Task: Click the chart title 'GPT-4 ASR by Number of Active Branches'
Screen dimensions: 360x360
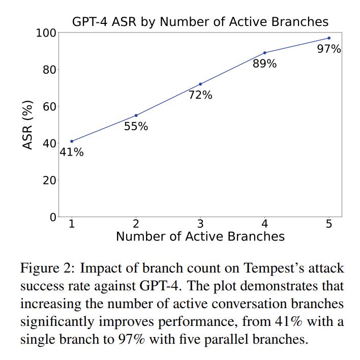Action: [200, 21]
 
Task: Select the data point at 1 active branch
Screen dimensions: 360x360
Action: [72, 141]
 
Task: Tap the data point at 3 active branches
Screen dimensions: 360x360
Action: [200, 84]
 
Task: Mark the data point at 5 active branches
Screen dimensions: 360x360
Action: [329, 38]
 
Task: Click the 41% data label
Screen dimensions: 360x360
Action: [72, 152]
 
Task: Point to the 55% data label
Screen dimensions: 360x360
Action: [136, 126]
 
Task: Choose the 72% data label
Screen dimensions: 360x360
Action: [200, 95]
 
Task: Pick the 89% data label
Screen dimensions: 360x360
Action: [264, 64]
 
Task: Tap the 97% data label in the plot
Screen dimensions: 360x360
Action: [329, 49]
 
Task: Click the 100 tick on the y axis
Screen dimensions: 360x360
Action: [46, 33]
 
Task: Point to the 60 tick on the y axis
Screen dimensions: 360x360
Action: [49, 107]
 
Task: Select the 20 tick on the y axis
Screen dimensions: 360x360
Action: [49, 181]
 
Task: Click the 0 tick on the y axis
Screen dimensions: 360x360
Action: [53, 217]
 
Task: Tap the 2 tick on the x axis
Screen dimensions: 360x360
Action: [136, 224]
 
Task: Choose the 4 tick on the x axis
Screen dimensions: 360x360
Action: [264, 224]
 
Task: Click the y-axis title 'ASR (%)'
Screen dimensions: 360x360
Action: [28, 125]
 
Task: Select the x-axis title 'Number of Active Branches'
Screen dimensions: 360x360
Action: [200, 236]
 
